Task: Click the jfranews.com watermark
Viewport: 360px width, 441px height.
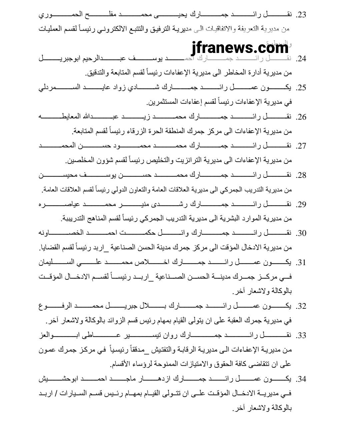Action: [x=240, y=48]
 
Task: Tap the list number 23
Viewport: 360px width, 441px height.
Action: [x=301, y=15]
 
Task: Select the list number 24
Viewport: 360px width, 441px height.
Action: [x=301, y=59]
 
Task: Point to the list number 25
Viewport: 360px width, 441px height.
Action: [x=301, y=88]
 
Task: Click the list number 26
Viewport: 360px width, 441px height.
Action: [x=301, y=117]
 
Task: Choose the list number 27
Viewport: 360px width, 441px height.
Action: [x=301, y=146]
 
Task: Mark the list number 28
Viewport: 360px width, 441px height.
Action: [x=301, y=175]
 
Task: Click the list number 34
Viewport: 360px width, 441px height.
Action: [x=301, y=379]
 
